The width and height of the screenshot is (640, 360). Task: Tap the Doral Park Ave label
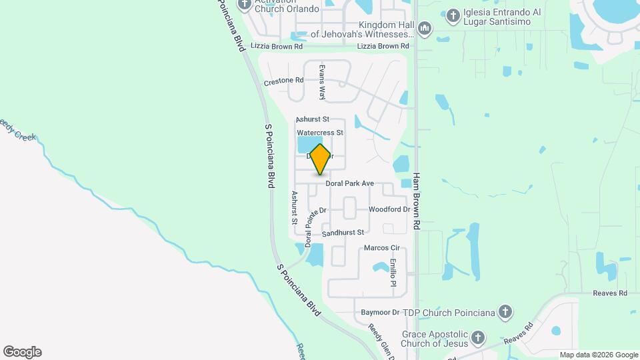click(x=349, y=183)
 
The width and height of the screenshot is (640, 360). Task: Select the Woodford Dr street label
click(x=389, y=209)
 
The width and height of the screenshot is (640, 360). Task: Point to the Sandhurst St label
click(x=342, y=233)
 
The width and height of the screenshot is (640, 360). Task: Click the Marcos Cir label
click(x=381, y=248)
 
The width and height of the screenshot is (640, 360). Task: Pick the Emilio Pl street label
click(x=393, y=273)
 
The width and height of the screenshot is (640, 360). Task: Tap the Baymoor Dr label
click(x=379, y=312)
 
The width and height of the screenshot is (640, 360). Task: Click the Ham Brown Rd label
click(x=416, y=202)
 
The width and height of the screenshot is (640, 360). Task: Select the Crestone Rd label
click(x=283, y=81)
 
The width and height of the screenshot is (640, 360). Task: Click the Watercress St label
click(x=320, y=133)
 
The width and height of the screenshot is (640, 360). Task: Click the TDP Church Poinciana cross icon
click(x=505, y=312)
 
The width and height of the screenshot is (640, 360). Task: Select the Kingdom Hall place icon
click(x=425, y=28)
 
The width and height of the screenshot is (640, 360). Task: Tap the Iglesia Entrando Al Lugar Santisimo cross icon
click(x=453, y=15)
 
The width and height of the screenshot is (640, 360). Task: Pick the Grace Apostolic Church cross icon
click(x=477, y=339)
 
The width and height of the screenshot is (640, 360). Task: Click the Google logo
click(x=22, y=352)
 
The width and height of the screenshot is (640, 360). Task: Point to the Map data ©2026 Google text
click(x=599, y=355)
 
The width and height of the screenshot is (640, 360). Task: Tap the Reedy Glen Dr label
click(x=381, y=341)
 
